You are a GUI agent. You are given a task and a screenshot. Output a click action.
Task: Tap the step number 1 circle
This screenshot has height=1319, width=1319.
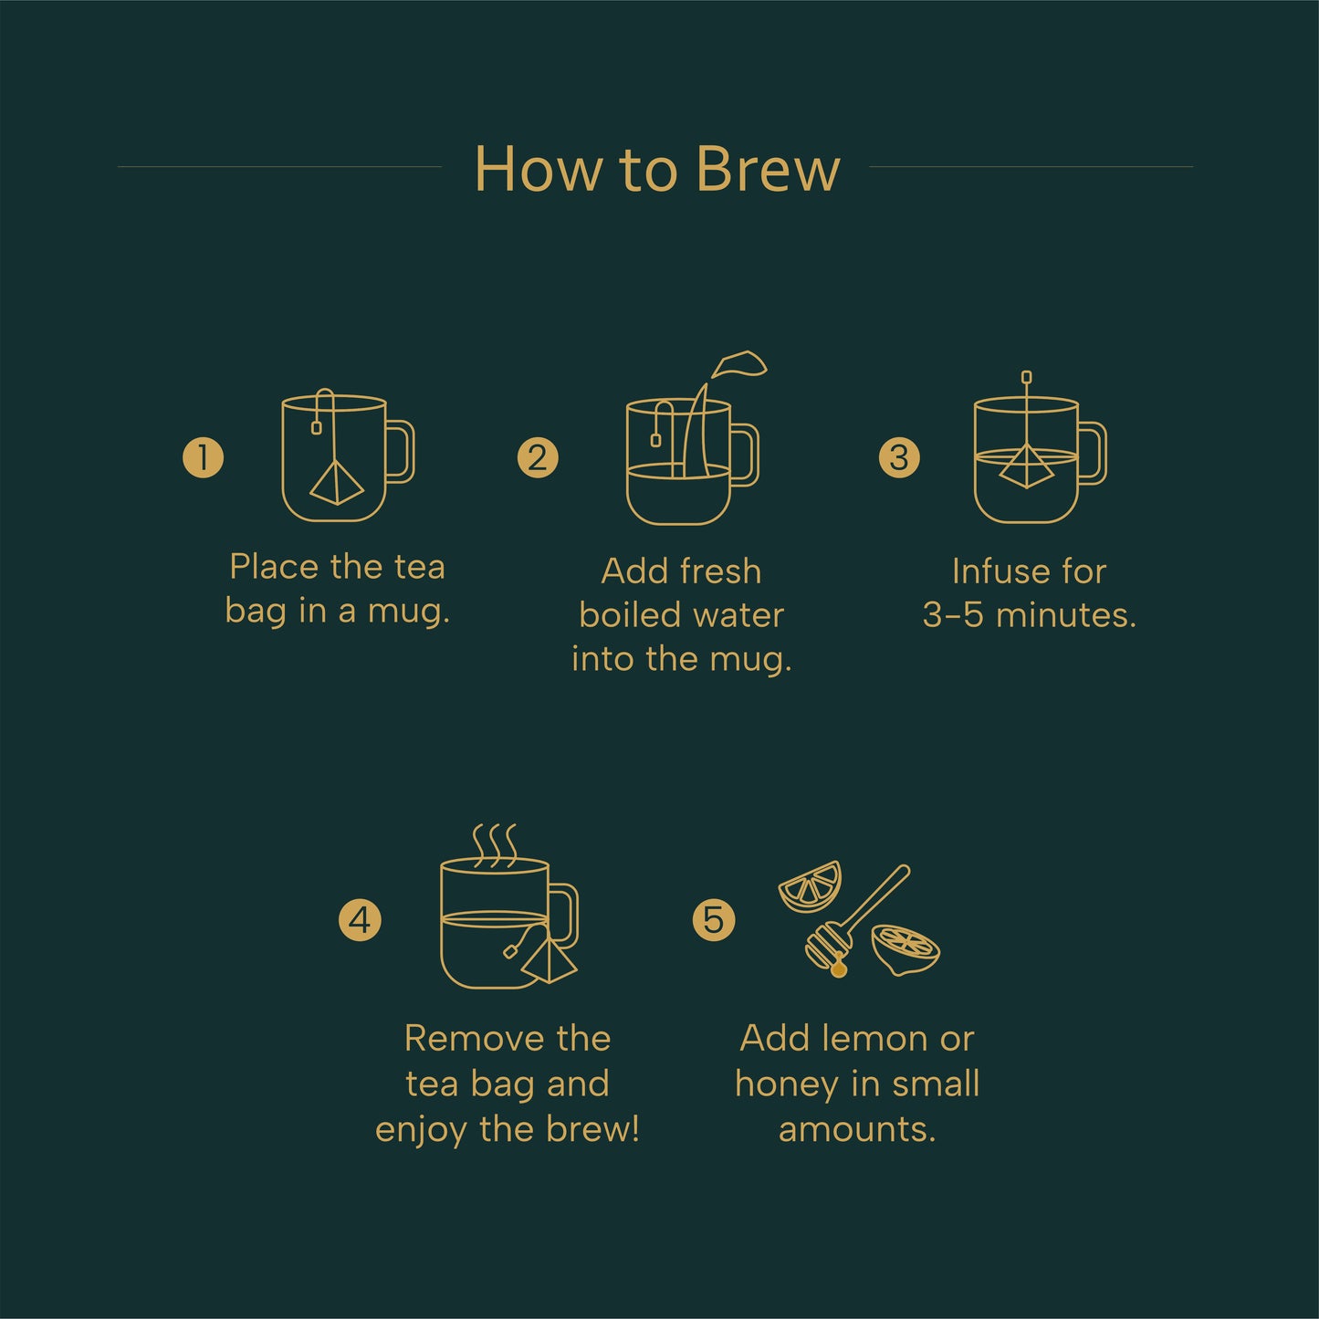(x=203, y=457)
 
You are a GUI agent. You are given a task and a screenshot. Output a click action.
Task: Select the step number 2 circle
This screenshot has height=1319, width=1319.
(x=537, y=457)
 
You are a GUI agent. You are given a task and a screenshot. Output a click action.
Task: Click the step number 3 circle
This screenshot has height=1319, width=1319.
(x=899, y=457)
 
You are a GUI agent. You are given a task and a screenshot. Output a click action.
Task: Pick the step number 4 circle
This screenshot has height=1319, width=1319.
(x=360, y=919)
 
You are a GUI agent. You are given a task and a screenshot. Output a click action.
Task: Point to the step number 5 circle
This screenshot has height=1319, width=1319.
(x=713, y=919)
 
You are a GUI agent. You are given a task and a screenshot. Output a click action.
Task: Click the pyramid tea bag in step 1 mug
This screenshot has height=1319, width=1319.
(x=335, y=483)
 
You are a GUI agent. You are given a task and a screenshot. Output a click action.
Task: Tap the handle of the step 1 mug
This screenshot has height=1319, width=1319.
(x=402, y=451)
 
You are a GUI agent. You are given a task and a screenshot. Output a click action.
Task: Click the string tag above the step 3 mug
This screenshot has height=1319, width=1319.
(x=1026, y=376)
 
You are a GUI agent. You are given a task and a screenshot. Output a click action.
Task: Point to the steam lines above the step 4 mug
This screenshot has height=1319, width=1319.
(x=494, y=844)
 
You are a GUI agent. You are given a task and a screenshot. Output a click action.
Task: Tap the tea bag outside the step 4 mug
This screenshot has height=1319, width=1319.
(x=550, y=961)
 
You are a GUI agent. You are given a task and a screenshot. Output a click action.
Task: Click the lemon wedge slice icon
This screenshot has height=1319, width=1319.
(x=810, y=886)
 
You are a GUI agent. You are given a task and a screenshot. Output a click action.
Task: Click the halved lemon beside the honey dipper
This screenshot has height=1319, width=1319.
(x=905, y=947)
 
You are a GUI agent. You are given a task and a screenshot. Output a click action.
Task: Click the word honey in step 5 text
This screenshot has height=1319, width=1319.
(x=787, y=1084)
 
